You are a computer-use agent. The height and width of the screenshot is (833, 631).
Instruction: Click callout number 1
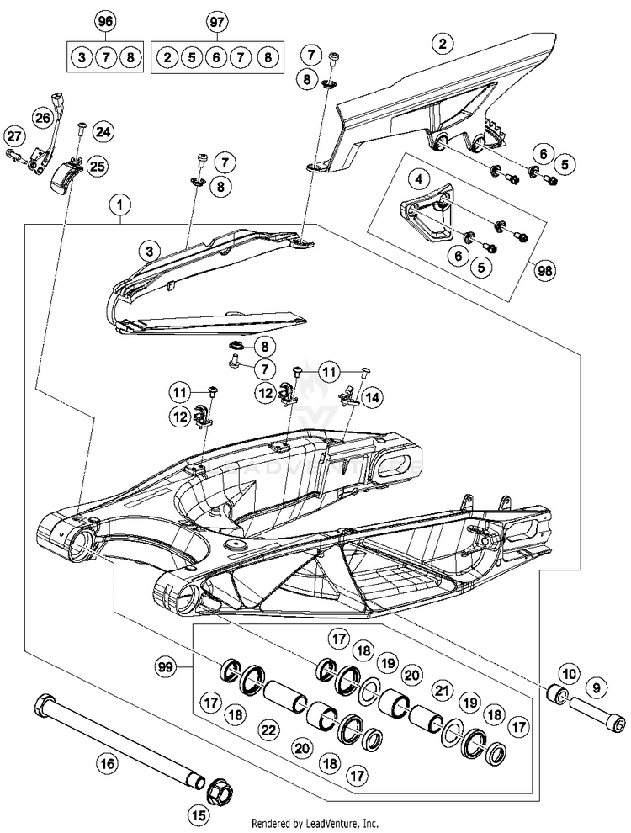pyautogui.click(x=123, y=204)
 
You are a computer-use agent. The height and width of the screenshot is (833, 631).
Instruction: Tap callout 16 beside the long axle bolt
pyautogui.click(x=107, y=764)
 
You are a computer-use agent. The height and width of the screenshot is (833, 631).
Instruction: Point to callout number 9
pyautogui.click(x=597, y=688)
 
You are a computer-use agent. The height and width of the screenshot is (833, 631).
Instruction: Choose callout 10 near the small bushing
pyautogui.click(x=570, y=673)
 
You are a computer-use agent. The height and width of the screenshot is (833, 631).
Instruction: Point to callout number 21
pyautogui.click(x=438, y=690)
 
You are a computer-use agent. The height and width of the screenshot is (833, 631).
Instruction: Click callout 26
pyautogui.click(x=43, y=117)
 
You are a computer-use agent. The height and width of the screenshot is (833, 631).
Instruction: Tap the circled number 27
pyautogui.click(x=13, y=135)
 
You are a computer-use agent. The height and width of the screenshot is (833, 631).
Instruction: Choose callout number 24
pyautogui.click(x=103, y=132)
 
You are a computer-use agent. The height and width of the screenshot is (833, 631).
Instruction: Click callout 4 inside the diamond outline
pyautogui.click(x=415, y=178)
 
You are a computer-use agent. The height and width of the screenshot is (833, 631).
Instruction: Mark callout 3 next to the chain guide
pyautogui.click(x=149, y=251)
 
